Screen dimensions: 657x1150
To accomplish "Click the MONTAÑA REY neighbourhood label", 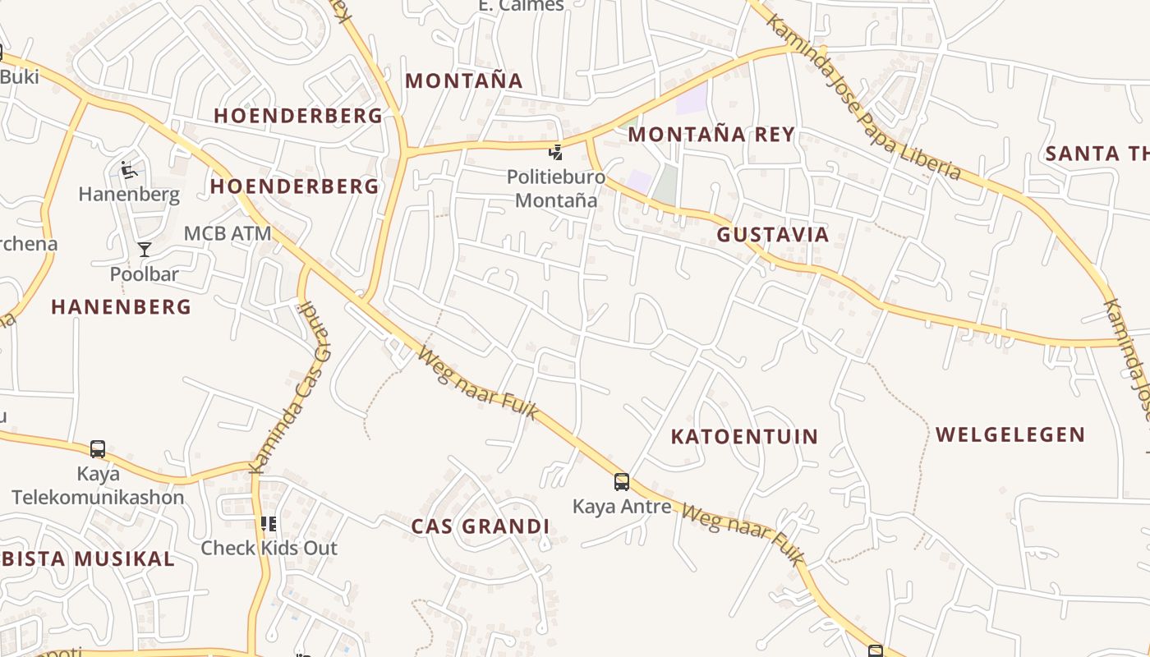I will pyautogui.click(x=711, y=134).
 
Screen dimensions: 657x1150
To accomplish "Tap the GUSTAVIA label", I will pyautogui.click(x=772, y=235).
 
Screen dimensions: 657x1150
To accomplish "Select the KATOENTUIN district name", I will pyautogui.click(x=744, y=436).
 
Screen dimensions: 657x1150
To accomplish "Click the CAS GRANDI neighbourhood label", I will pyautogui.click(x=480, y=526).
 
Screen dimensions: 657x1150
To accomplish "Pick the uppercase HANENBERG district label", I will pyautogui.click(x=121, y=307).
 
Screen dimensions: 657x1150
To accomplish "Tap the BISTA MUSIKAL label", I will pyautogui.click(x=87, y=559).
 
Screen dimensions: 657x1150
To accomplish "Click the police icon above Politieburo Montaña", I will pyautogui.click(x=556, y=152).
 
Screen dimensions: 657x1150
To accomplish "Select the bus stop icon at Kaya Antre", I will pyautogui.click(x=622, y=482).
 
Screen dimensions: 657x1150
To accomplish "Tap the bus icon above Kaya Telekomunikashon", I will pyautogui.click(x=98, y=449).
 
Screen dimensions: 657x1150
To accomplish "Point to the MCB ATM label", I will pyautogui.click(x=227, y=233).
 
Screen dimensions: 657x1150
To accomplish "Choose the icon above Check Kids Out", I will pyautogui.click(x=269, y=523).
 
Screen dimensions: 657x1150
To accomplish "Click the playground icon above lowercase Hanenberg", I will pyautogui.click(x=128, y=170).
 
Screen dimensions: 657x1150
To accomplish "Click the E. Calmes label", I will pyautogui.click(x=521, y=6).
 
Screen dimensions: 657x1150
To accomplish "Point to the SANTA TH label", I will pyautogui.click(x=1096, y=154).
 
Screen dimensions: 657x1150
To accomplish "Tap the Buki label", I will pyautogui.click(x=20, y=76).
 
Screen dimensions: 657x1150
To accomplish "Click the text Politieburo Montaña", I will pyautogui.click(x=556, y=188).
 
